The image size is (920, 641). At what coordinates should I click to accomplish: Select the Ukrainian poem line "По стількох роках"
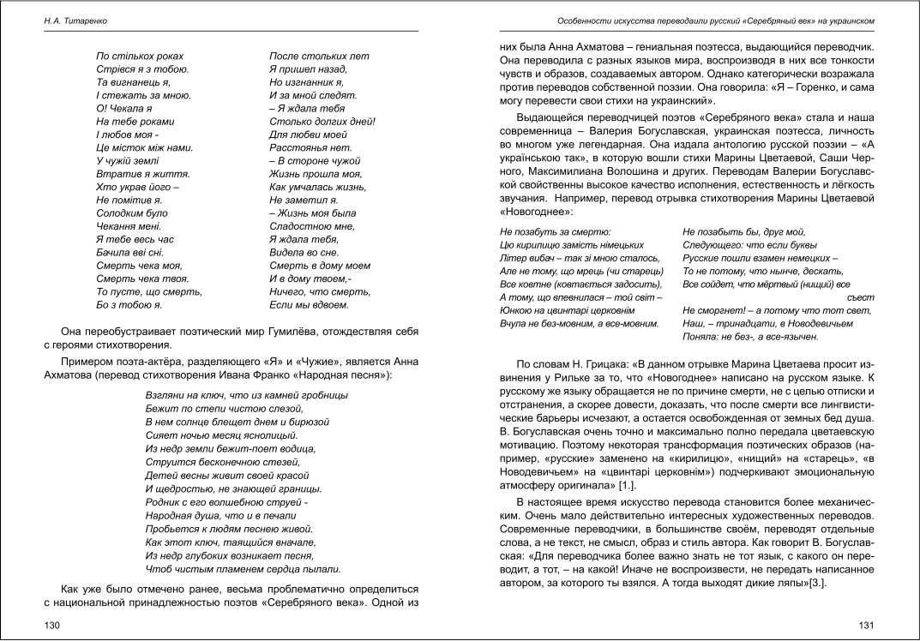pos(140,57)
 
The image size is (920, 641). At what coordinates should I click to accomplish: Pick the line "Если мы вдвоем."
pos(310,305)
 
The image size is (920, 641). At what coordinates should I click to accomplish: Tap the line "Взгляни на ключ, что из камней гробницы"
pos(247,395)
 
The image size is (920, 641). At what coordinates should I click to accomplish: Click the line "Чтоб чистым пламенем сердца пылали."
pos(244,569)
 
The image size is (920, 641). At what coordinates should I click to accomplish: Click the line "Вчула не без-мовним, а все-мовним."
pos(580,324)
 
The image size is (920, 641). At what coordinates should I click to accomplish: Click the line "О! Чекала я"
pos(124,109)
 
